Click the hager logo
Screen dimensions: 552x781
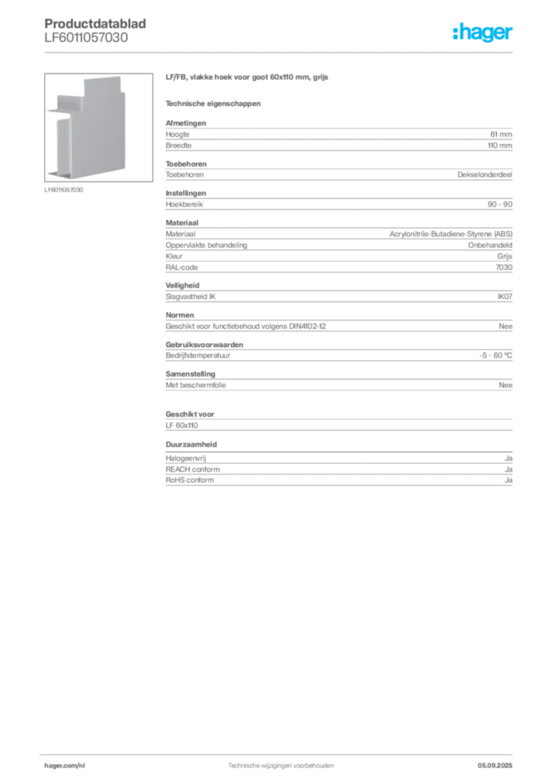click(483, 33)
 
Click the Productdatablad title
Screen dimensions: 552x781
click(95, 24)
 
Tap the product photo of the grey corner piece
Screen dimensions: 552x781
click(98, 127)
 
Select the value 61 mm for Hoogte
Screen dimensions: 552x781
click(501, 134)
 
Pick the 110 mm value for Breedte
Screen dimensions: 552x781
click(499, 146)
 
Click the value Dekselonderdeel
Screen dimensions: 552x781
click(485, 175)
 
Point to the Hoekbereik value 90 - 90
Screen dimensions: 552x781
click(499, 204)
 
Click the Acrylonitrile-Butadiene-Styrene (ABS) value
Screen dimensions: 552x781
click(451, 233)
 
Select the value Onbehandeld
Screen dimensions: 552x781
click(489, 245)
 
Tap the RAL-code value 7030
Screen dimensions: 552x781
click(504, 268)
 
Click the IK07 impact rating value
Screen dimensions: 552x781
click(505, 297)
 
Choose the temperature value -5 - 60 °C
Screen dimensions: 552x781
click(496, 355)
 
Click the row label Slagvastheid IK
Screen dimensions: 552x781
click(191, 297)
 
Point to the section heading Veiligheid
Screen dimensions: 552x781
click(182, 285)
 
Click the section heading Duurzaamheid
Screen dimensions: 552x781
click(191, 445)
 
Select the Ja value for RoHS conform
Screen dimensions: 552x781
click(509, 480)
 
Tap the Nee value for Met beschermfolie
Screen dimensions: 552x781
click(505, 385)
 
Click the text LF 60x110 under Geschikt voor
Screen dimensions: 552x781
click(181, 426)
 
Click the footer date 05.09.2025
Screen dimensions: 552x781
click(495, 766)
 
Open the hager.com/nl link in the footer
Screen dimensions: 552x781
click(65, 766)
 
